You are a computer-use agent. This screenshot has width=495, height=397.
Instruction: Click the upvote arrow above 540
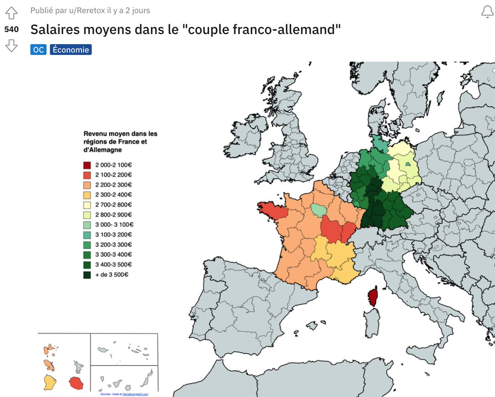pos(11,14)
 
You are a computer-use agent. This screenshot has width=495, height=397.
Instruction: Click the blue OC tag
pos(38,50)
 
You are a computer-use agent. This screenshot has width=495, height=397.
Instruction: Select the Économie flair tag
pos(70,50)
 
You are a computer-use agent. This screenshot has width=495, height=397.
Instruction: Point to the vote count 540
pos(11,29)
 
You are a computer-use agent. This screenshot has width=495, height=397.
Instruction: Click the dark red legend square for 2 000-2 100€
pos(87,165)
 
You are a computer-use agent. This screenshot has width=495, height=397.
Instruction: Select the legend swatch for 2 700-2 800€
pos(87,205)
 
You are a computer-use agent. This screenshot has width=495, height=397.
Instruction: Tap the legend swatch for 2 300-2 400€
pos(87,195)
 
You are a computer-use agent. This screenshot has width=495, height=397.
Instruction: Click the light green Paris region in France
pos(318,210)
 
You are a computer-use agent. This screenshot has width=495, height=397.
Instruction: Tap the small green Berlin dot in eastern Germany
pos(408,164)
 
